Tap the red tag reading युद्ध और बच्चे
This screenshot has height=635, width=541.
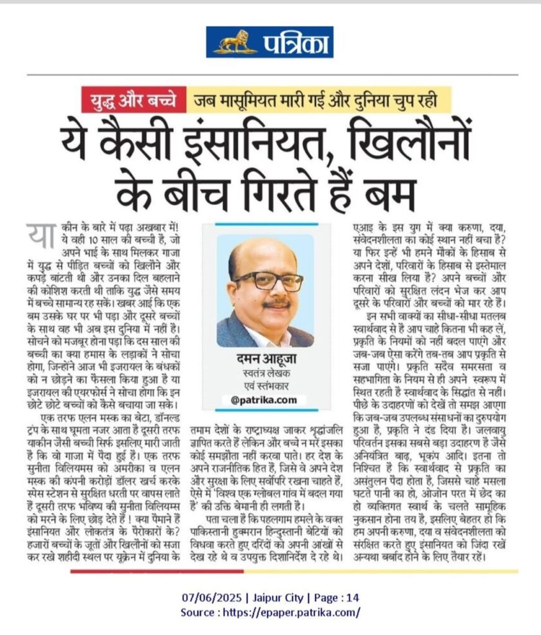(x=133, y=99)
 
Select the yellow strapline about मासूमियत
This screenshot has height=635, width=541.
(x=319, y=99)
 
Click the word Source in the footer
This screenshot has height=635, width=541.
(x=197, y=612)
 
